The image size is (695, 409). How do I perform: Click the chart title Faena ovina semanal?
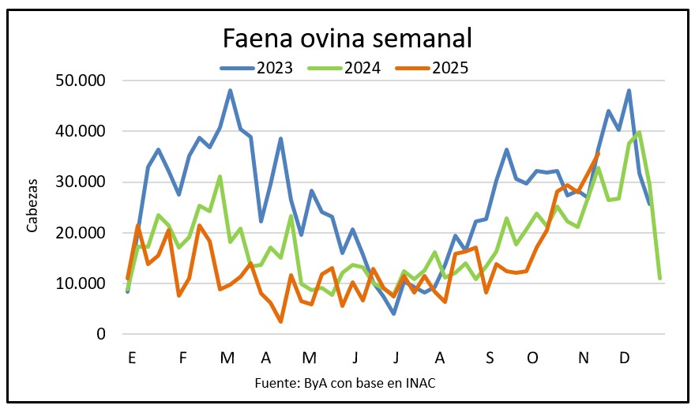pyautogui.click(x=347, y=37)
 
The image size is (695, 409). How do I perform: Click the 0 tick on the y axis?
pyautogui.click(x=101, y=334)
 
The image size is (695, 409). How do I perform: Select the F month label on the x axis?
pyautogui.click(x=182, y=357)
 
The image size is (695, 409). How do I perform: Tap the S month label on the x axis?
pyautogui.click(x=490, y=357)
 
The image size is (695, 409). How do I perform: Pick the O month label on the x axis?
pyautogui.click(x=533, y=357)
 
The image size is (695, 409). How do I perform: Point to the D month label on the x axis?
pyautogui.click(x=624, y=357)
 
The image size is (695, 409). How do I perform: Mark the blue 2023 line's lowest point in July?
pyautogui.click(x=393, y=313)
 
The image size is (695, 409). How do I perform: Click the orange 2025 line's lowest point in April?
pyautogui.click(x=281, y=321)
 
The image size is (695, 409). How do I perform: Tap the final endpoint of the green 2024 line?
pyautogui.click(x=659, y=278)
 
